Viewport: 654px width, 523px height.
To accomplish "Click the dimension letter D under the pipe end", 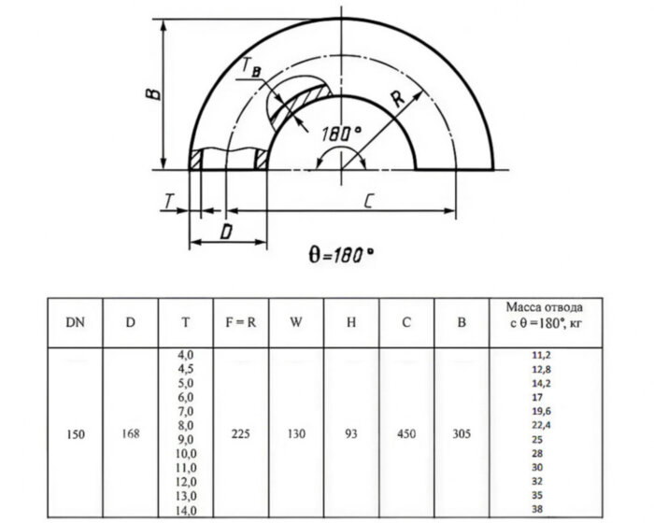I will pyautogui.click(x=226, y=230).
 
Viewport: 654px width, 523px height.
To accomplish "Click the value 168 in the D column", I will pyautogui.click(x=131, y=434).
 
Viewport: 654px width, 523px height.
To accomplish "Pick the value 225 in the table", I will pyautogui.click(x=240, y=434).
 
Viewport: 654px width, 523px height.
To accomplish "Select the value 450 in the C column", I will pyautogui.click(x=406, y=434).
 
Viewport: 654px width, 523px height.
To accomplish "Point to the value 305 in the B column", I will pyautogui.click(x=462, y=434).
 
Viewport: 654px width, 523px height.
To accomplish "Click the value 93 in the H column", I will pyautogui.click(x=351, y=434).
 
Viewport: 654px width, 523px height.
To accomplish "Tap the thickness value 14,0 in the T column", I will pyautogui.click(x=186, y=511).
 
